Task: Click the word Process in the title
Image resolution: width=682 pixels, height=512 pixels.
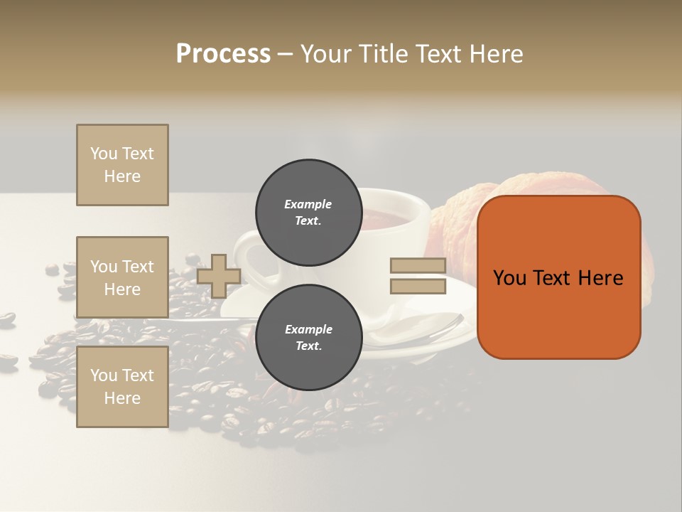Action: tap(223, 54)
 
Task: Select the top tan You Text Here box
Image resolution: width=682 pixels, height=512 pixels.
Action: tap(122, 165)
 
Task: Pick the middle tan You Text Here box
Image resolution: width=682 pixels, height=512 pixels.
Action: tap(122, 277)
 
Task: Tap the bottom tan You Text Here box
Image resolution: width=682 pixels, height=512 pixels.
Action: tap(122, 387)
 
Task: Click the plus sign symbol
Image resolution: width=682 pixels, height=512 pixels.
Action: tap(219, 276)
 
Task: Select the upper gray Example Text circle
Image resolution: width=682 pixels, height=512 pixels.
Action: tap(308, 212)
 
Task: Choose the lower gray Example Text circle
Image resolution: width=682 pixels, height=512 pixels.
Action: tap(308, 337)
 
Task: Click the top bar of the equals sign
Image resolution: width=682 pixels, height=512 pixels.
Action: tap(418, 266)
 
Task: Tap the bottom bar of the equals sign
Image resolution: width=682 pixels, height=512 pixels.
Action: tap(418, 287)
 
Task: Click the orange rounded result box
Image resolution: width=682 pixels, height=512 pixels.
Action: tap(558, 277)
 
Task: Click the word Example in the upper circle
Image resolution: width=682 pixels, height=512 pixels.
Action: tap(308, 204)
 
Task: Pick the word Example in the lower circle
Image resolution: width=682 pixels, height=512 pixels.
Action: tap(308, 329)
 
